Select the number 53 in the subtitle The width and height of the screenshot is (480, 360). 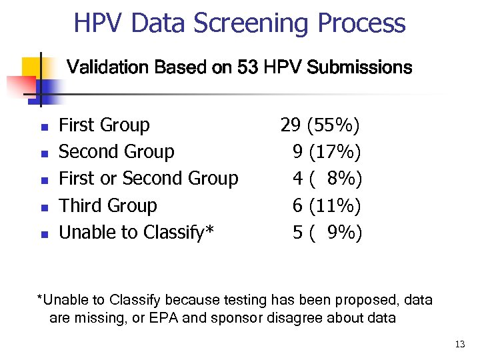point(247,67)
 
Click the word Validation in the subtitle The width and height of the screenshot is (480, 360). point(109,67)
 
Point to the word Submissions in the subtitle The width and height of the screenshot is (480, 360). point(360,67)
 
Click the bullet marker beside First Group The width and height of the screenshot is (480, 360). point(43,127)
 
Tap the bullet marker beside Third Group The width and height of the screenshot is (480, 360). point(43,207)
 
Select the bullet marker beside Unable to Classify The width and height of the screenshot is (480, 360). point(43,233)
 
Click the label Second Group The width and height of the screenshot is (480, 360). point(116,152)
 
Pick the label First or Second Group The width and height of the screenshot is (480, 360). point(148,179)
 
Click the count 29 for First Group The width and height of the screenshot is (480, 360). point(290,125)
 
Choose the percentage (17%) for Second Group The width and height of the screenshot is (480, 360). point(335,152)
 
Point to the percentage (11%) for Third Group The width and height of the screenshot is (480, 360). point(335,205)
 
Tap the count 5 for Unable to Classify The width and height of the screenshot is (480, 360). point(297,232)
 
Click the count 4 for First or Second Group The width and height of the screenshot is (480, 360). point(297,179)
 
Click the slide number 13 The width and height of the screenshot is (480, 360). point(459,344)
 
